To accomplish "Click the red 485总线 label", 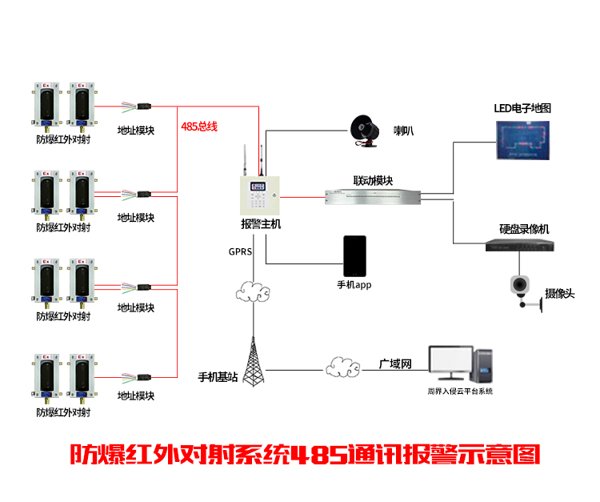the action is tap(199, 127).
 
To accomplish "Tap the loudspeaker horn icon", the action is tap(365, 131).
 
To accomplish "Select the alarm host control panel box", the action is tap(260, 195).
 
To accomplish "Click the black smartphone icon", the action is tap(354, 255).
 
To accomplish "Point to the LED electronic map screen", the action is tap(522, 140).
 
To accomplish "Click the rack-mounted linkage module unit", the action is tap(373, 197).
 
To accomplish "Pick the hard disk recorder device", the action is tap(520, 245).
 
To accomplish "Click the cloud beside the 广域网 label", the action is tap(342, 367).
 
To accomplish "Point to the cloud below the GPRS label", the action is tap(253, 291).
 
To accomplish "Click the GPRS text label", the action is tap(240, 252).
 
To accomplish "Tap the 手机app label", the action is tap(354, 285).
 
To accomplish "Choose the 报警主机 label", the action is tap(261, 224).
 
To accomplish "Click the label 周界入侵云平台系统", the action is tap(460, 392).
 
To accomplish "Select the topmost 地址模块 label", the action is tap(136, 131).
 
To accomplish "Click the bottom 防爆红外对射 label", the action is tap(63, 412).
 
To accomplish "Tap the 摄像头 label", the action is tap(560, 294).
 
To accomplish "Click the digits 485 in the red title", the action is tap(319, 455).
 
